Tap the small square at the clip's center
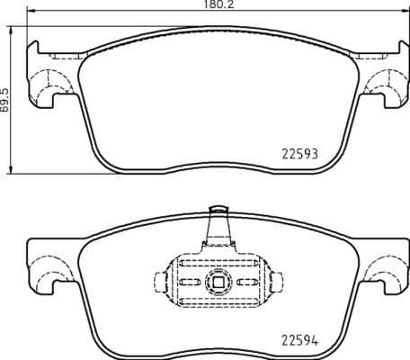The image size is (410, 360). tap(216, 282)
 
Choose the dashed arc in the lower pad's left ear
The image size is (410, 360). tap(42, 268)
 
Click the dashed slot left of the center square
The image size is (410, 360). tap(191, 282)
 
